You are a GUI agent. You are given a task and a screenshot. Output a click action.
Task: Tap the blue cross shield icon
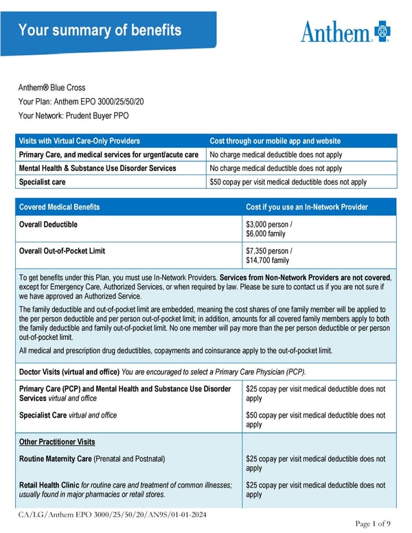(x=382, y=32)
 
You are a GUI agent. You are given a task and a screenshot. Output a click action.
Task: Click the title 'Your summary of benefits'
(x=100, y=30)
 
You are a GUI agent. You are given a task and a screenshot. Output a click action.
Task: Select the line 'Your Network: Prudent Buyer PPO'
(x=73, y=115)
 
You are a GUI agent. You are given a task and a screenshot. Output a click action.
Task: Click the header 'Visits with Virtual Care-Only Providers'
(x=80, y=141)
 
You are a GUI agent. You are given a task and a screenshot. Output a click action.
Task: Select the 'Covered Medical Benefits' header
(x=59, y=207)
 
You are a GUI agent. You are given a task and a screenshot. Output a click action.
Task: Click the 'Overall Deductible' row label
(x=48, y=225)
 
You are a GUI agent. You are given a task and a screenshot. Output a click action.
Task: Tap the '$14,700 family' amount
(x=267, y=260)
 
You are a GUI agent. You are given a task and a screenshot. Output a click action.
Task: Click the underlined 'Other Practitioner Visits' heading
(x=57, y=442)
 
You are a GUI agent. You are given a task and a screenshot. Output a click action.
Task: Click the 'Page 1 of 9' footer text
(x=374, y=524)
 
